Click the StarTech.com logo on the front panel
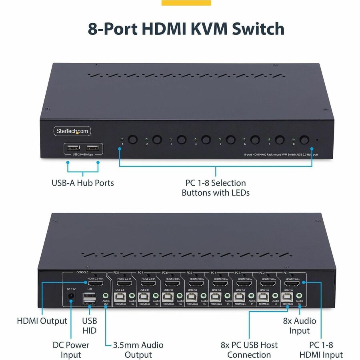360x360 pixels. coord(72,131)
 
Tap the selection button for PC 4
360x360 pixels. coord(206,140)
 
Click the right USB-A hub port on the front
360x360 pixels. coord(92,148)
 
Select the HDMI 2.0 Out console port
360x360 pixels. coord(95,284)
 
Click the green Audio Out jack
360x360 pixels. coord(105,297)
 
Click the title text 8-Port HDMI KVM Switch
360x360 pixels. coord(186,29)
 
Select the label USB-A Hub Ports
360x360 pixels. coord(83,183)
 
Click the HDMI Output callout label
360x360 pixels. coord(42,321)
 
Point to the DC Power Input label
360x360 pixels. coord(71,350)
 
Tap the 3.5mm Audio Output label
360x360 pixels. coord(138,350)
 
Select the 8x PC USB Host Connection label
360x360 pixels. coord(249,350)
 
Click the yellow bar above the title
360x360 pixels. coord(186,3)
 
